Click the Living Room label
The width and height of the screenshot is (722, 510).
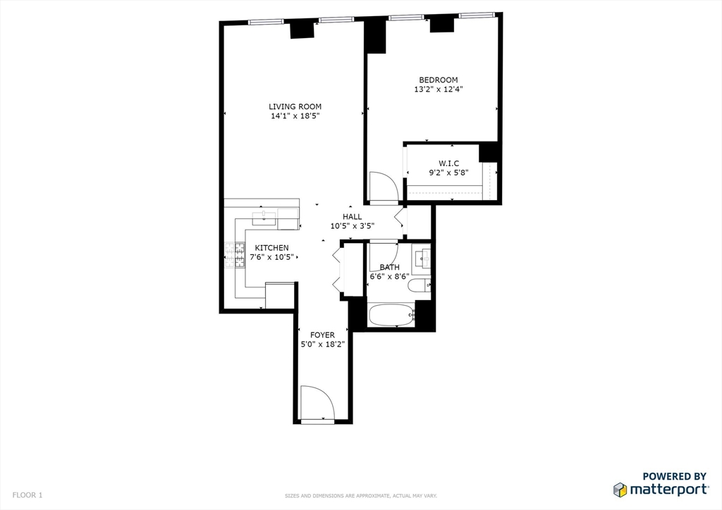coord(295,106)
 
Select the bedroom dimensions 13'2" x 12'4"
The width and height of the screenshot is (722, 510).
coord(438,89)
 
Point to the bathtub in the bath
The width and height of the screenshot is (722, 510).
coord(391,316)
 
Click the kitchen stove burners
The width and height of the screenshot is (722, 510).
coord(230,255)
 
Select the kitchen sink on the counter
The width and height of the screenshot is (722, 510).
coord(263,216)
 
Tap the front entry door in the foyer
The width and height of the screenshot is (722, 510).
coord(317,404)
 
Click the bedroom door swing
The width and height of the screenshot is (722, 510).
coord(384,187)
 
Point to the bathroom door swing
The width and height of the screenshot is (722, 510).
coord(384,252)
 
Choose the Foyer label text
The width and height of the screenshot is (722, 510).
coord(323,335)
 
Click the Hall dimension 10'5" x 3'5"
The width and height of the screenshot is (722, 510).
coord(352,226)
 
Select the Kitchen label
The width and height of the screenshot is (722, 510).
coord(271,247)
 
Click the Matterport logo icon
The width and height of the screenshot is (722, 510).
coord(620,490)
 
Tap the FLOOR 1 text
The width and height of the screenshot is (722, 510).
coord(27,495)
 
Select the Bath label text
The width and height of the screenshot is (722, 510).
coord(389,267)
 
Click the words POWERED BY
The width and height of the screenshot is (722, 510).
coord(673,476)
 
